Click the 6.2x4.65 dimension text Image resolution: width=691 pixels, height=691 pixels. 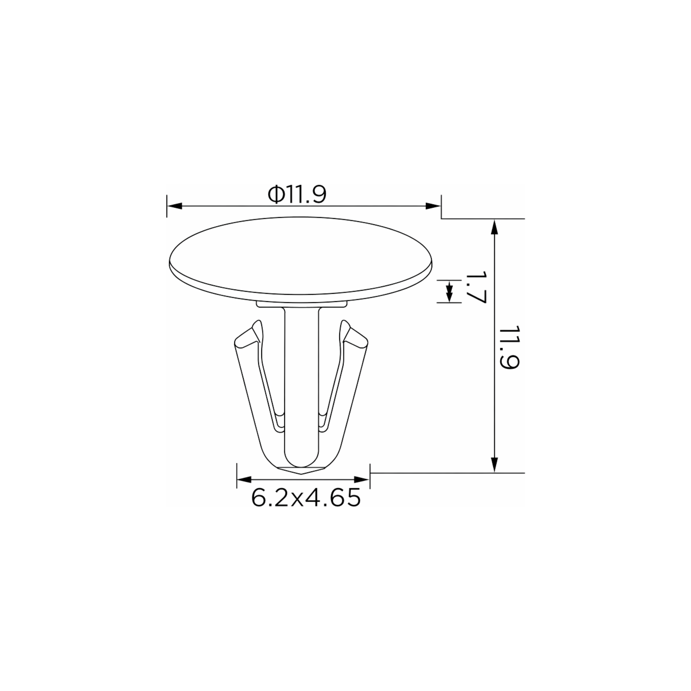coord(306,498)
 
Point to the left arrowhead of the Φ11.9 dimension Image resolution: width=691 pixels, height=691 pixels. coord(174,206)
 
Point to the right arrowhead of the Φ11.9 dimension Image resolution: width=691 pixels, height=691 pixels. coord(433,206)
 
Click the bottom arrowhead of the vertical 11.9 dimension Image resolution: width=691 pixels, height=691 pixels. coord(494,465)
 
